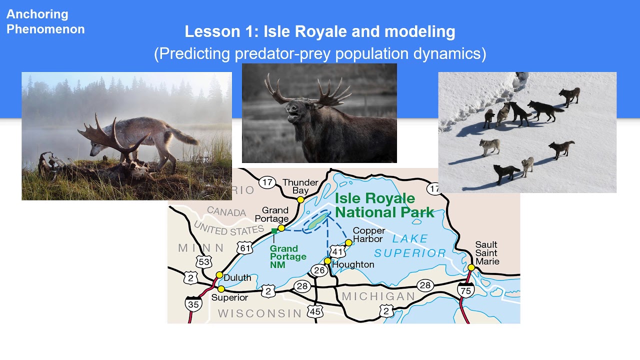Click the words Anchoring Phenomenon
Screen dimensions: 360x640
[x=45, y=21]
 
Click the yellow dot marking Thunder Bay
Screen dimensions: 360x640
[x=300, y=199]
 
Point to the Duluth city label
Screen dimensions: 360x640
[x=237, y=277]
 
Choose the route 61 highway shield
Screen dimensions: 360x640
[x=245, y=248]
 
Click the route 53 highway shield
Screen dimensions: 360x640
[x=204, y=261]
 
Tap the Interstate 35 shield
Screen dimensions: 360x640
[x=193, y=303]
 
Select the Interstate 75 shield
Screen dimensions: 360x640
[x=465, y=290]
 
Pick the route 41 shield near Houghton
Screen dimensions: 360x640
[x=338, y=252]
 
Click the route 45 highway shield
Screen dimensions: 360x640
[x=315, y=311]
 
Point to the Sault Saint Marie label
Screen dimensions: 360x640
[x=486, y=253]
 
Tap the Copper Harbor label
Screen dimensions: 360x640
[x=369, y=234]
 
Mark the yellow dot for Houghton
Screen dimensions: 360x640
[x=327, y=261]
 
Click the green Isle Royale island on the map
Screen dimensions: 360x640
[x=316, y=222]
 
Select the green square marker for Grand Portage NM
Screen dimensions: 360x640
[x=274, y=231]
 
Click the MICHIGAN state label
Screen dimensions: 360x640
[x=378, y=296]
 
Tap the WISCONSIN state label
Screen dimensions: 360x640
[x=259, y=313]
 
